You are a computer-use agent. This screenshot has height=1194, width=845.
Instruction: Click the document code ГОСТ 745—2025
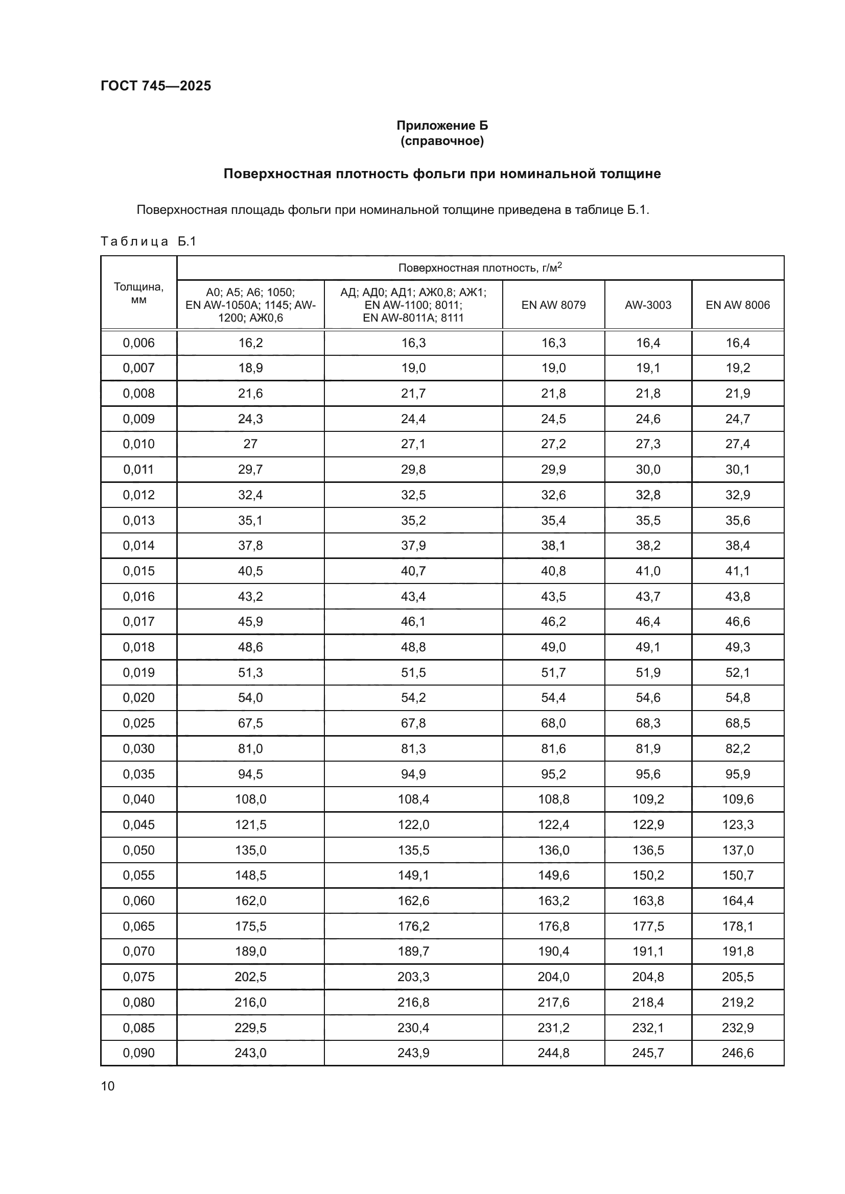click(x=156, y=86)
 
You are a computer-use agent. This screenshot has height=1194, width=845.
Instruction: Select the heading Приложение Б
click(x=442, y=126)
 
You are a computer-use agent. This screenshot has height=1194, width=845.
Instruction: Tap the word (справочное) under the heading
click(x=442, y=141)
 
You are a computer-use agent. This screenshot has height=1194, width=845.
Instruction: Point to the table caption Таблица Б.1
click(x=148, y=241)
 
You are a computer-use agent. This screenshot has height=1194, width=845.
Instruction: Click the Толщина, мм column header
click(x=138, y=293)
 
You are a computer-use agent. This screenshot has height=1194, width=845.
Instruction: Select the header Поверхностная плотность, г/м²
click(x=480, y=268)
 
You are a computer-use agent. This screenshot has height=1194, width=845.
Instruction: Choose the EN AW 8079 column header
click(x=553, y=305)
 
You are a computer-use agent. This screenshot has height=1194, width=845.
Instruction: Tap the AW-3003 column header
click(x=648, y=305)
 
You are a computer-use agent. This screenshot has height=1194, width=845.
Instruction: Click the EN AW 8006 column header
click(x=737, y=305)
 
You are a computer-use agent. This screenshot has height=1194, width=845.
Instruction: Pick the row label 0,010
click(x=138, y=444)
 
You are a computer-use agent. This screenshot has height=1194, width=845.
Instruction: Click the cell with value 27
click(x=250, y=444)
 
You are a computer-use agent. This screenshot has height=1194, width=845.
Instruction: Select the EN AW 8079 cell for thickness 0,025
click(x=553, y=723)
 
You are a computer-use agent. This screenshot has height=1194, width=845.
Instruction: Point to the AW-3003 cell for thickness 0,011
click(x=648, y=470)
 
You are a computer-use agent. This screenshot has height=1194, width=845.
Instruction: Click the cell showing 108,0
click(x=250, y=799)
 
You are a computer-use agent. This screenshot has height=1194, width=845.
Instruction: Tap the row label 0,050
click(x=138, y=850)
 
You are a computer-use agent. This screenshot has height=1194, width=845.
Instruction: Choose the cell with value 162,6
click(x=413, y=900)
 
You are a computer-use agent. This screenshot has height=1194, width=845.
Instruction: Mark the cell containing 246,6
click(x=737, y=1053)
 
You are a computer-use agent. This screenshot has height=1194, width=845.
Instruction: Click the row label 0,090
click(x=138, y=1053)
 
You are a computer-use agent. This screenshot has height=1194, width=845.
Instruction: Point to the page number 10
click(x=108, y=1086)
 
